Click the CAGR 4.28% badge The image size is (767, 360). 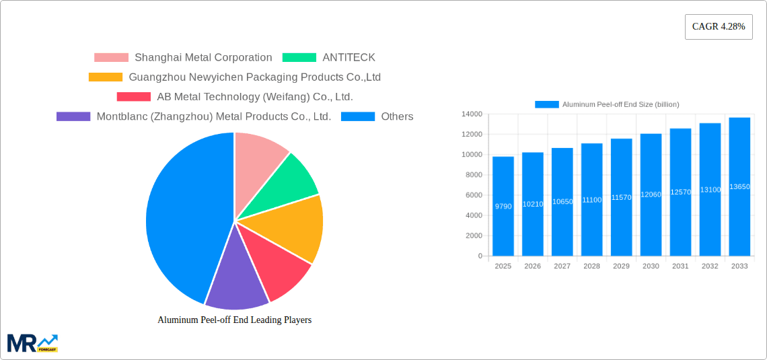pyautogui.click(x=718, y=27)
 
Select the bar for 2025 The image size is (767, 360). pyautogui.click(x=503, y=206)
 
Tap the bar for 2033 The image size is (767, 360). pyautogui.click(x=739, y=186)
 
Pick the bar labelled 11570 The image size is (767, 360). pyautogui.click(x=621, y=197)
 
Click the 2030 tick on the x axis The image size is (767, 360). pyautogui.click(x=651, y=266)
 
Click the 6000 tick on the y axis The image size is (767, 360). pyautogui.click(x=473, y=195)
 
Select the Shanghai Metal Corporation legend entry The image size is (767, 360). pyautogui.click(x=183, y=58)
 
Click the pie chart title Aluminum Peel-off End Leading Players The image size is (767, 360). pyautogui.click(x=234, y=320)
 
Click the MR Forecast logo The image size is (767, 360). pyautogui.click(x=32, y=343)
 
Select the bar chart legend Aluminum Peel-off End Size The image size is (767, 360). pyautogui.click(x=607, y=104)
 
